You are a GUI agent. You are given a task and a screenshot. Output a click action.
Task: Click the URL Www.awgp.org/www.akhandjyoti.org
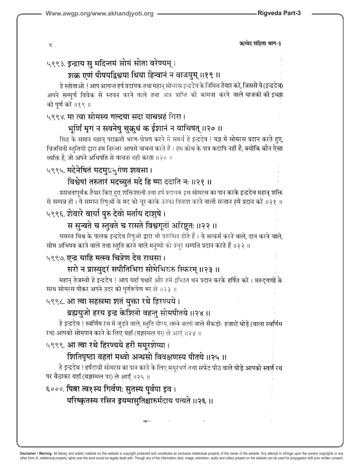[x=99, y=13]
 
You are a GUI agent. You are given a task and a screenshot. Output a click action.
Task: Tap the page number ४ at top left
[x=50, y=43]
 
